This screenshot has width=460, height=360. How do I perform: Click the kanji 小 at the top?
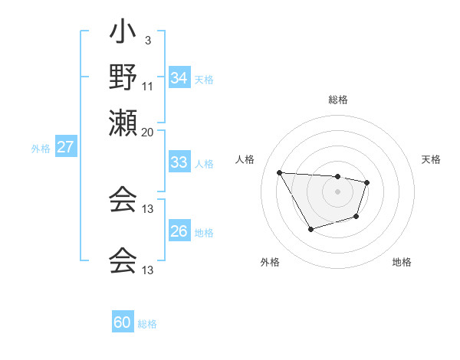122,34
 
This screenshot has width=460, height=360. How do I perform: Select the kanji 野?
122,77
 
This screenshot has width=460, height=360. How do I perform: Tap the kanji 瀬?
122,123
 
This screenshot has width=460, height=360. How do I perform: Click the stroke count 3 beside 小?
148,41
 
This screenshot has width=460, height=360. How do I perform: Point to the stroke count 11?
148,86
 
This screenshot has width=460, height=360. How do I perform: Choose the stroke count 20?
148,132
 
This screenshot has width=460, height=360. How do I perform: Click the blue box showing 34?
179,78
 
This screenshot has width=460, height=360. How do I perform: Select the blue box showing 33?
179,162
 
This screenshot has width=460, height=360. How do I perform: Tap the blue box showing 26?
179,232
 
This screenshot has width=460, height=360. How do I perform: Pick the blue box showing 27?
66,148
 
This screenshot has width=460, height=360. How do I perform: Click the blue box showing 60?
123,322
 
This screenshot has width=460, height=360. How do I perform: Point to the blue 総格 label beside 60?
147,324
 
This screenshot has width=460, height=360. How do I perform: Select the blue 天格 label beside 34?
204,80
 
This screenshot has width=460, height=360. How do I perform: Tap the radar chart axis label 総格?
337,100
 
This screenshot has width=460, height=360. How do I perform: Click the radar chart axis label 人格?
245,159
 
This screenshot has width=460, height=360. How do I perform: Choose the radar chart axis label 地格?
402,263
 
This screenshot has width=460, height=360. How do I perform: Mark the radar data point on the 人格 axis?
280,172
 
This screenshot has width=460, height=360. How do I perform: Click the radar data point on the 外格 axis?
310,229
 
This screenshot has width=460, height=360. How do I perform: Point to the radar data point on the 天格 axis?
367,182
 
